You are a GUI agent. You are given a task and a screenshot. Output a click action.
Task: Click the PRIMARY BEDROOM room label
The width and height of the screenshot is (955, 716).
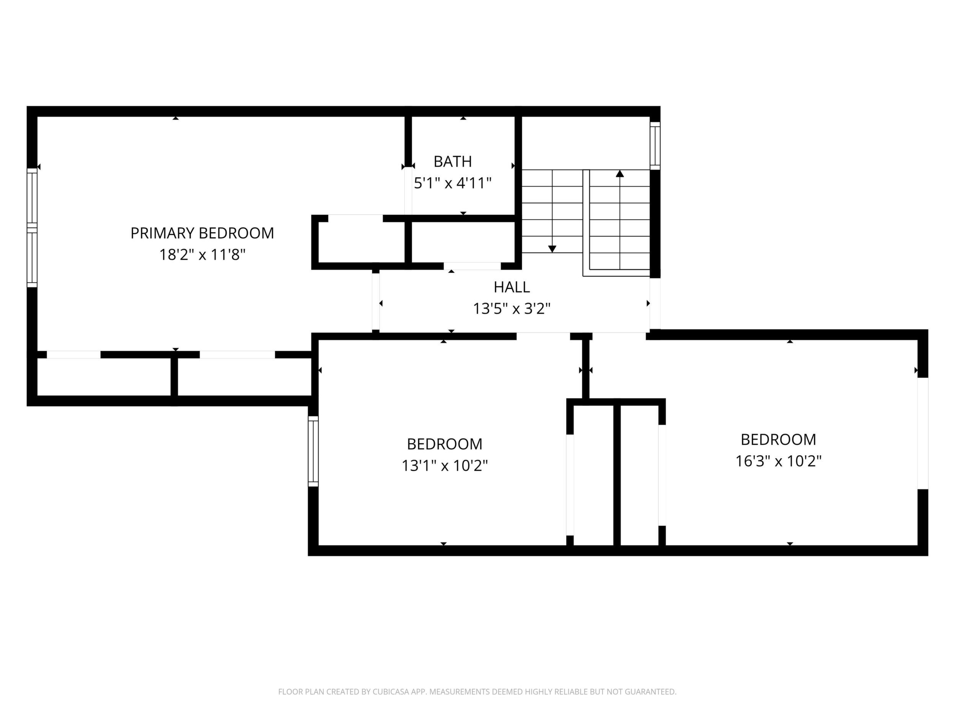click(202, 233)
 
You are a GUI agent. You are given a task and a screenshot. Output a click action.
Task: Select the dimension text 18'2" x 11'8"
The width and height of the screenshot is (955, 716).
click(202, 255)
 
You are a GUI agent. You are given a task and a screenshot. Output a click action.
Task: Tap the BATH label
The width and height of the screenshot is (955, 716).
click(453, 161)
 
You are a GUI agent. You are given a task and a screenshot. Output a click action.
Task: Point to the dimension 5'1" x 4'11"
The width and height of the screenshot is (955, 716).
click(453, 183)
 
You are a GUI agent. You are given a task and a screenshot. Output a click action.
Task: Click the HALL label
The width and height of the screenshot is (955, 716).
click(512, 287)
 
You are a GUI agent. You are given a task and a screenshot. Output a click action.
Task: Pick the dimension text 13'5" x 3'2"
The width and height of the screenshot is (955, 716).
click(512, 309)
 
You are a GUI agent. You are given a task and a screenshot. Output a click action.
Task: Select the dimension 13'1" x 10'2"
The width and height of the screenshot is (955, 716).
click(445, 466)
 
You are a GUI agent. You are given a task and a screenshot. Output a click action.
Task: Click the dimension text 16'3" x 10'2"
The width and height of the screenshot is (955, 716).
click(778, 461)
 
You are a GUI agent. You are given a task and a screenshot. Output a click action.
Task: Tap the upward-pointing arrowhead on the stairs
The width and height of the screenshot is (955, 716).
click(620, 174)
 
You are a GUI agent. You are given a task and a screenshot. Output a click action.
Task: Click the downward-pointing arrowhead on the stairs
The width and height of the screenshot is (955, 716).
click(552, 249)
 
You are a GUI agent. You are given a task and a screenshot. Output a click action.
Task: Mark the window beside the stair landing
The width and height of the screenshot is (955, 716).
click(655, 146)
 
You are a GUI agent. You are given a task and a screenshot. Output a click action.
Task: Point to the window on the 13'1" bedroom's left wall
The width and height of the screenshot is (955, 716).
click(313, 451)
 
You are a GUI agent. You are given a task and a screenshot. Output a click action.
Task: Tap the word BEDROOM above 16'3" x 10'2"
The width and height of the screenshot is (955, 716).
click(778, 439)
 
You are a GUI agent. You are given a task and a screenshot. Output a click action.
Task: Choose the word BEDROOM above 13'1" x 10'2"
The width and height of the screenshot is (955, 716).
click(445, 444)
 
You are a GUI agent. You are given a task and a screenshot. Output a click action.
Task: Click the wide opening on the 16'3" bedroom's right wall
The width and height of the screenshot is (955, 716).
click(922, 433)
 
